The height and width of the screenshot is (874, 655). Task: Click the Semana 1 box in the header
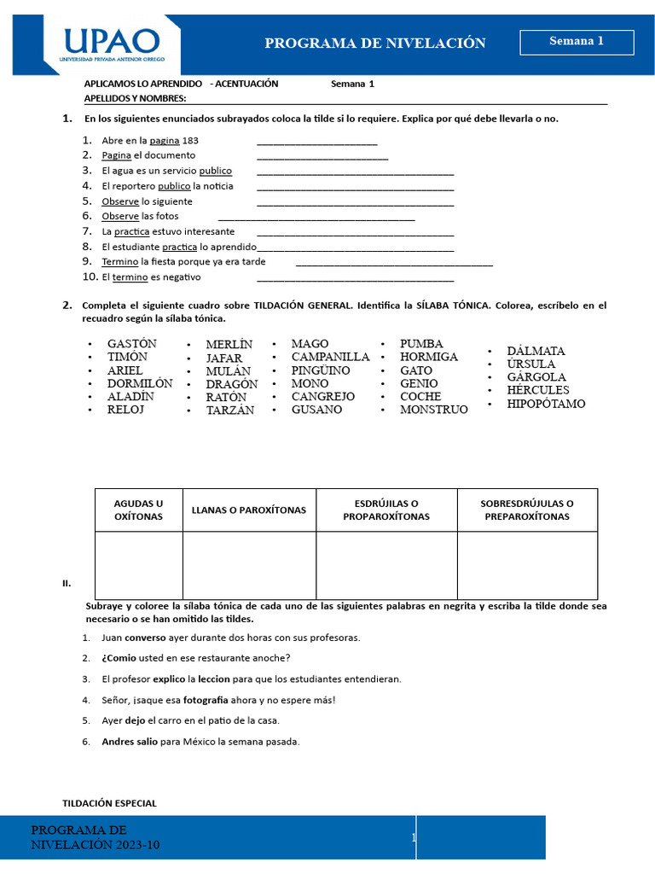[577, 42]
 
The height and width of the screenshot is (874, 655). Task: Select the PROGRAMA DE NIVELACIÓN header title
[375, 43]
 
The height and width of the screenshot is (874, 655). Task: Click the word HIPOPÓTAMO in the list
[546, 404]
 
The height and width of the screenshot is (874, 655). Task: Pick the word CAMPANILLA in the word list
[330, 357]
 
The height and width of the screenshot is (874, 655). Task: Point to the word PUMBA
[421, 344]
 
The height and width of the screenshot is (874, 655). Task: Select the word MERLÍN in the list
[229, 345]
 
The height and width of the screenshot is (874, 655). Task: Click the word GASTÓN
[132, 344]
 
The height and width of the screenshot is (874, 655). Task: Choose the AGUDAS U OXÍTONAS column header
[138, 510]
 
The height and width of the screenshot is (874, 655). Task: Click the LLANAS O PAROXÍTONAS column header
[249, 510]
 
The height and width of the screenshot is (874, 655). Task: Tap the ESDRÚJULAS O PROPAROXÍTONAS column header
[386, 510]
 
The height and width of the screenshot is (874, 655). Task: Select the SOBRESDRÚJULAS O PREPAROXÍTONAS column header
[527, 510]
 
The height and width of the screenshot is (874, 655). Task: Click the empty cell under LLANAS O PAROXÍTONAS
[249, 565]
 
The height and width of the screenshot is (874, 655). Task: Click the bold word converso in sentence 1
[145, 638]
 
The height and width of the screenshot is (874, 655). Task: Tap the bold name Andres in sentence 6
[119, 742]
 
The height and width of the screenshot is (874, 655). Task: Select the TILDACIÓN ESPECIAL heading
[110, 803]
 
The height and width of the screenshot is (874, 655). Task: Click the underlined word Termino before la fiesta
[119, 262]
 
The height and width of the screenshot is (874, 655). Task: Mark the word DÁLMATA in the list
[536, 351]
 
